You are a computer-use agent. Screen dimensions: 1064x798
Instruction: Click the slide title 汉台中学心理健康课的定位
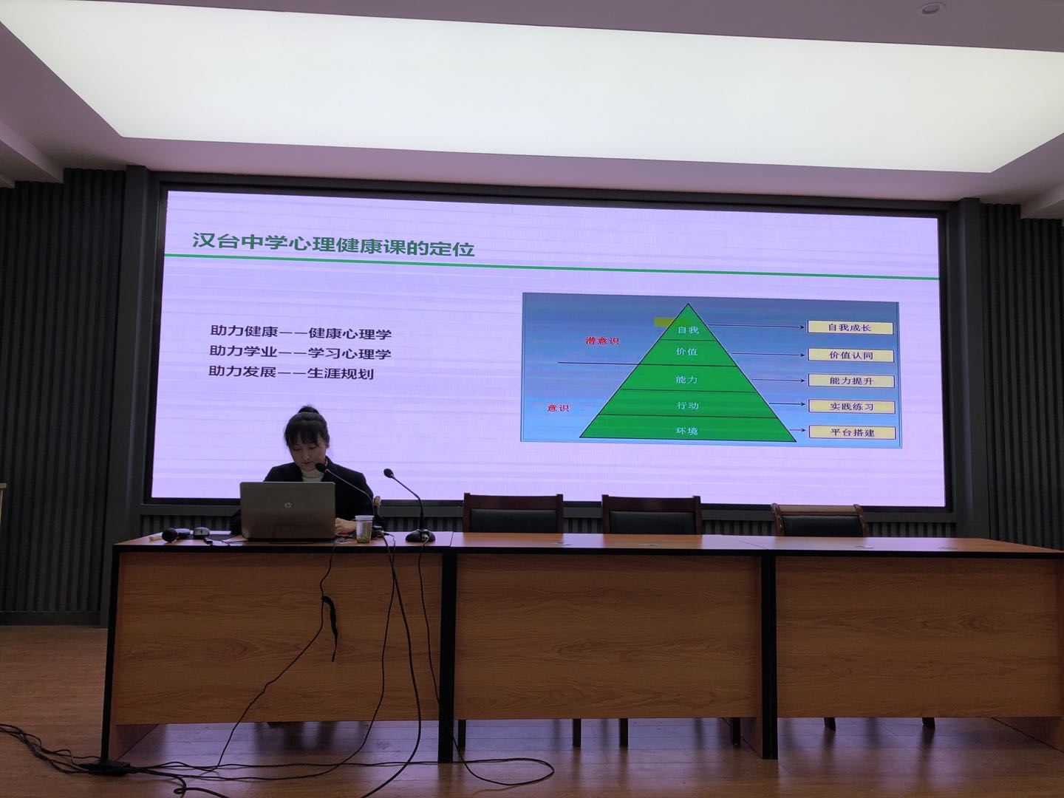[x=333, y=244]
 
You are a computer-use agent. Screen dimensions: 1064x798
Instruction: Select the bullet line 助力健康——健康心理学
[x=301, y=332]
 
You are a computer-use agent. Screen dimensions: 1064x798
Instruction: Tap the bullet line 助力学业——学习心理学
[x=300, y=352]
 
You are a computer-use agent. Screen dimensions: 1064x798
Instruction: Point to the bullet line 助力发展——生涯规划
[x=291, y=372]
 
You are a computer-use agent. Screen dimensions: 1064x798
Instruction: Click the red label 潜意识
[x=602, y=341]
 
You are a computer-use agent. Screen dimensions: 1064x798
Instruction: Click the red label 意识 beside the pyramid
[x=558, y=408]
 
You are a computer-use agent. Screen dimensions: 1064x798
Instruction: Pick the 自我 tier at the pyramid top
[x=688, y=330]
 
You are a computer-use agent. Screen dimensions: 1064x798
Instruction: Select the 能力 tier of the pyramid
[x=686, y=379]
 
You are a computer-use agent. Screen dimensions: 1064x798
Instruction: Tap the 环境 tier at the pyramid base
[x=686, y=431]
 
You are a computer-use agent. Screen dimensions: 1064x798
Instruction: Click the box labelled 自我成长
[x=850, y=327]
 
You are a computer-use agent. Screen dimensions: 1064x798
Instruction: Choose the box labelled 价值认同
[x=850, y=355]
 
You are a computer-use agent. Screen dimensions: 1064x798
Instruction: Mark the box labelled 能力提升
[x=851, y=381]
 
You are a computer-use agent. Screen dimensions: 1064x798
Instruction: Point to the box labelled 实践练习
[x=852, y=406]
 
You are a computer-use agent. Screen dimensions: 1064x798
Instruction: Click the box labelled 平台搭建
[x=852, y=432]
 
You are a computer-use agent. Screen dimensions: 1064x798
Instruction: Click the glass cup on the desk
[x=364, y=528]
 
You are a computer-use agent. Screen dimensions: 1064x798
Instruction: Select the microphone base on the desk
[x=420, y=536]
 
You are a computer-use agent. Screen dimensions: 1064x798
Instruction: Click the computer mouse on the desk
[x=201, y=532]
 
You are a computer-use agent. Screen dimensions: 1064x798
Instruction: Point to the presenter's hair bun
[x=309, y=412]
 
